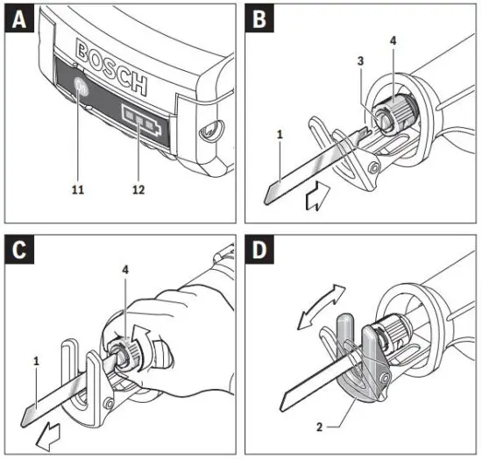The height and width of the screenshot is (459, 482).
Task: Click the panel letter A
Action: (x=20, y=20)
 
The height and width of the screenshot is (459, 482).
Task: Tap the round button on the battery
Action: (x=82, y=87)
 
